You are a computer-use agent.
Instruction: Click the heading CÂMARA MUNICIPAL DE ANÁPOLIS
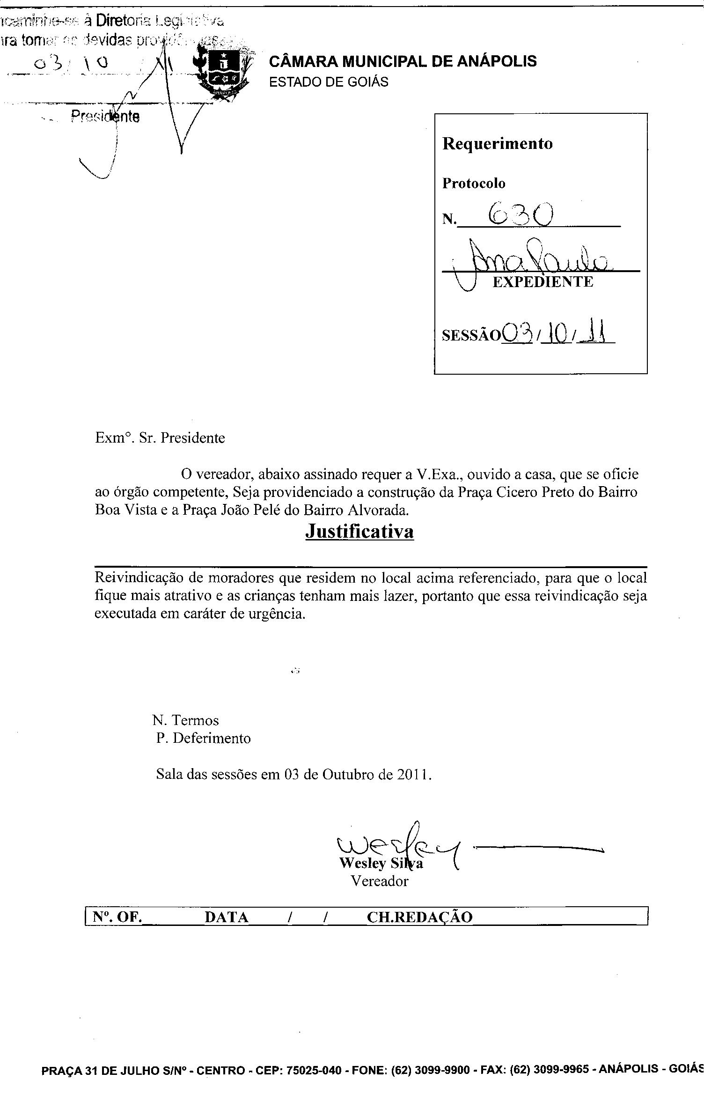[x=403, y=61]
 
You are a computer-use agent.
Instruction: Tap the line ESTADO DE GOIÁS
[x=329, y=82]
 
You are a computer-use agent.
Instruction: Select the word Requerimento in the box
[x=497, y=143]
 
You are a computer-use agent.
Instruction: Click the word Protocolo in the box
[x=474, y=183]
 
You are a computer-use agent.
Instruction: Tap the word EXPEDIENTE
[x=543, y=281]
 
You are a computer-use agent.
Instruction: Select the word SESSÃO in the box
[x=471, y=335]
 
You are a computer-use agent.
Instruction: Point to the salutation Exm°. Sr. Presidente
[x=160, y=438]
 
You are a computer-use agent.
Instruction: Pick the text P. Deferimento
[x=204, y=738]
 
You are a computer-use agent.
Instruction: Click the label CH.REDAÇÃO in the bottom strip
[x=420, y=917]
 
